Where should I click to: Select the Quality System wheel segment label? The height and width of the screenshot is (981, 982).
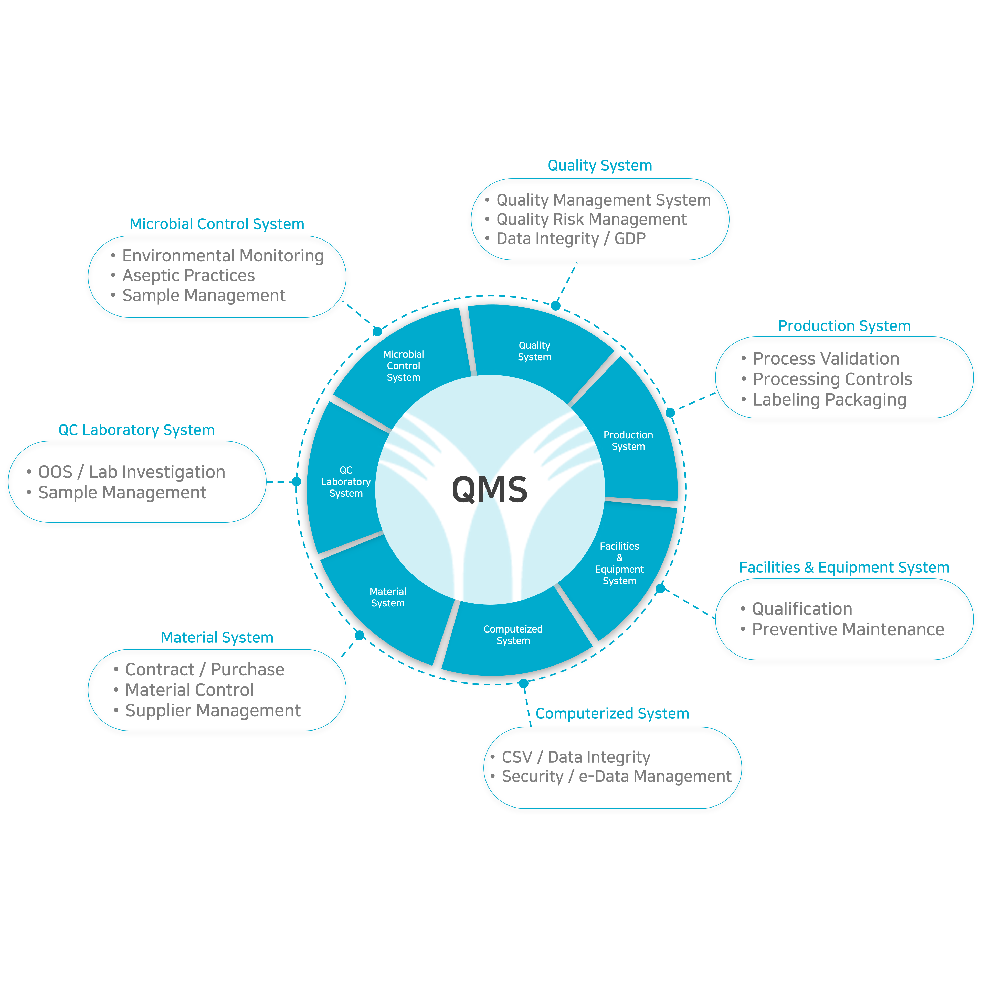pyautogui.click(x=534, y=351)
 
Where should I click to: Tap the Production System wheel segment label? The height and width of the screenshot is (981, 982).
pyautogui.click(x=628, y=440)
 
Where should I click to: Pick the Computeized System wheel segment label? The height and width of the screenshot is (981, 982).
pyautogui.click(x=513, y=635)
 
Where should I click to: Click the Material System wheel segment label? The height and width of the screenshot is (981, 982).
pyautogui.click(x=388, y=597)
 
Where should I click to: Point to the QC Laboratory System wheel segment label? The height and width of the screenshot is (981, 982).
pyautogui.click(x=346, y=482)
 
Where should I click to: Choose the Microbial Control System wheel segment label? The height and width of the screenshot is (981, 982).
pyautogui.click(x=404, y=366)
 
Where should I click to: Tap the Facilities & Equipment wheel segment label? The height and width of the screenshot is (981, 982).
pyautogui.click(x=620, y=563)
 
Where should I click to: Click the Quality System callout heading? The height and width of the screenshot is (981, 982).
pyautogui.click(x=600, y=166)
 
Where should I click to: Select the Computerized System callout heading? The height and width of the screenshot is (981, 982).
pyautogui.click(x=613, y=713)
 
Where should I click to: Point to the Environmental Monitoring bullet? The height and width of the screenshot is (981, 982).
pyautogui.click(x=223, y=256)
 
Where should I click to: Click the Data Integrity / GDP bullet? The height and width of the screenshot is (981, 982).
pyautogui.click(x=571, y=238)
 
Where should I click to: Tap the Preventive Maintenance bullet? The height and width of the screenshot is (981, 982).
pyautogui.click(x=848, y=629)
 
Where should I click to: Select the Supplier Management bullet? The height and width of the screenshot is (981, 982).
pyautogui.click(x=213, y=710)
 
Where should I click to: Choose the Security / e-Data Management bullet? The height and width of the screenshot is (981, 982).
pyautogui.click(x=617, y=776)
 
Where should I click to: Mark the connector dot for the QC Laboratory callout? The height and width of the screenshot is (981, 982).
pyautogui.click(x=296, y=482)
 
